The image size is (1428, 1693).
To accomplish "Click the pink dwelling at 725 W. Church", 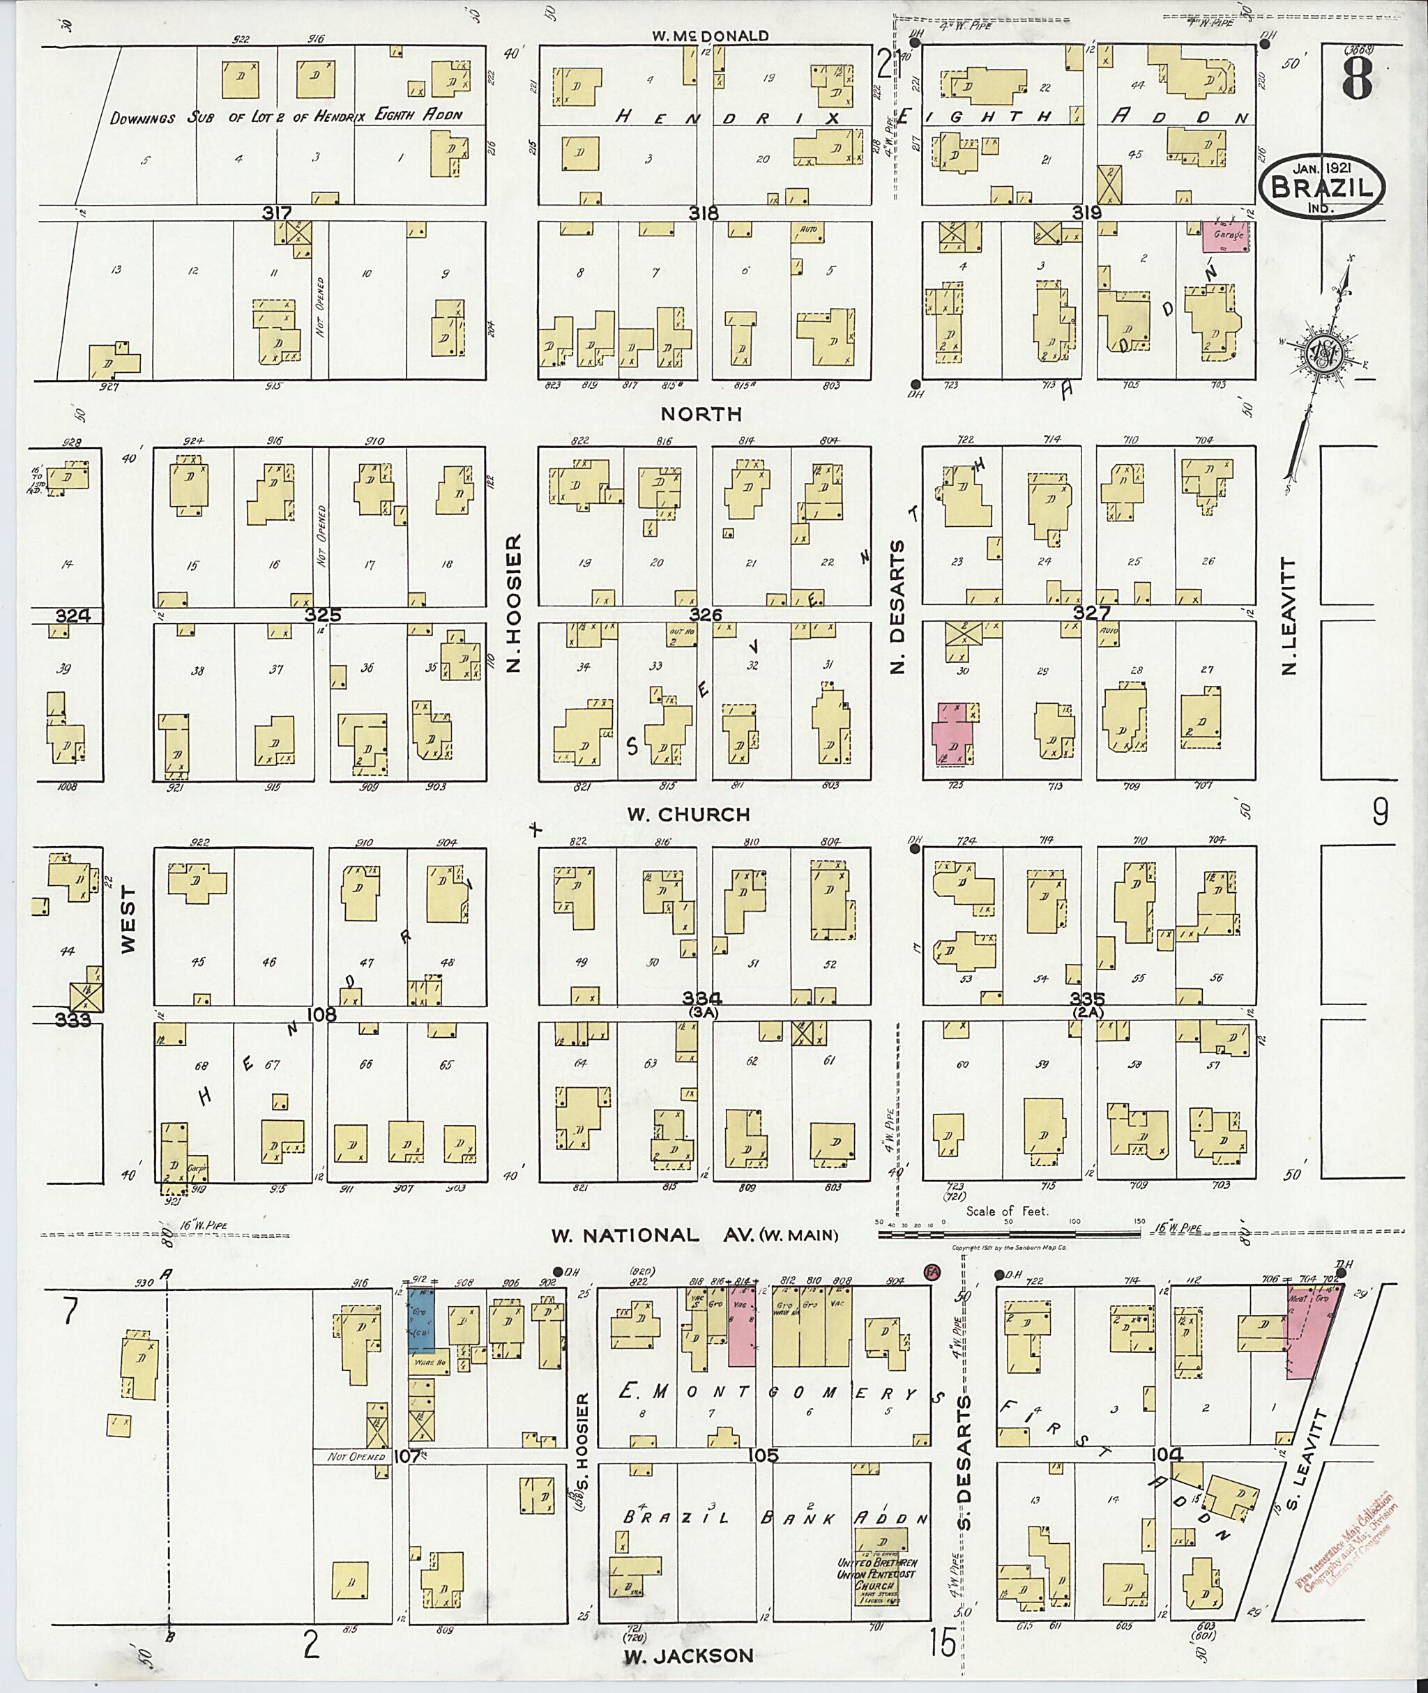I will pos(954,733).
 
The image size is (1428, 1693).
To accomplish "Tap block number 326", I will pos(705,615).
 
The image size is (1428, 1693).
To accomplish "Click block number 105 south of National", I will pos(764,1455).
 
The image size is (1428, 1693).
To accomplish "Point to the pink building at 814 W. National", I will pos(741,1325).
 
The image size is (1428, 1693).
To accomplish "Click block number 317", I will pos(277,213).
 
